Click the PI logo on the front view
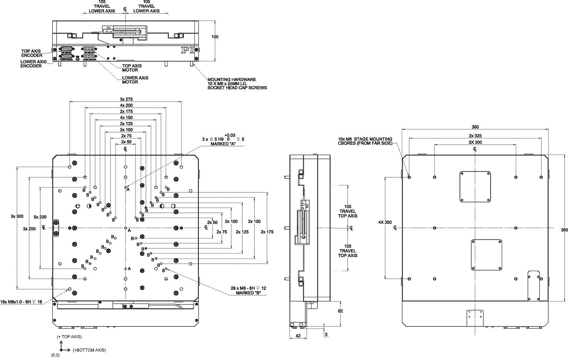pos(188,51)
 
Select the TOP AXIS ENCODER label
pos(32,53)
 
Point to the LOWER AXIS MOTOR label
pos(135,80)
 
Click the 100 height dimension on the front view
pos(215,37)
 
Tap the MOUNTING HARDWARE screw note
pos(237,84)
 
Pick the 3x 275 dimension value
pos(126,99)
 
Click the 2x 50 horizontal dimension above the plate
pos(126,142)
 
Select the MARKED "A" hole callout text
pos(223,144)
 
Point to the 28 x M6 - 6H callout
pos(248,290)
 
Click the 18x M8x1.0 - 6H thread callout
pos(21,302)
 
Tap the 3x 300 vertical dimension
pos(17,216)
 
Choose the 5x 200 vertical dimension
pos(40,217)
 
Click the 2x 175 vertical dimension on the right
pos(267,232)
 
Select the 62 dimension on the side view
pos(340,311)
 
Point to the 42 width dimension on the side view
pos(298,336)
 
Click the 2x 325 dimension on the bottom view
pos(475,136)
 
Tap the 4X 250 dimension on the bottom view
pos(385,222)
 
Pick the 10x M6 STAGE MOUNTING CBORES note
pos(365,141)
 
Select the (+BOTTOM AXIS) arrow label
pos(89,350)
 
